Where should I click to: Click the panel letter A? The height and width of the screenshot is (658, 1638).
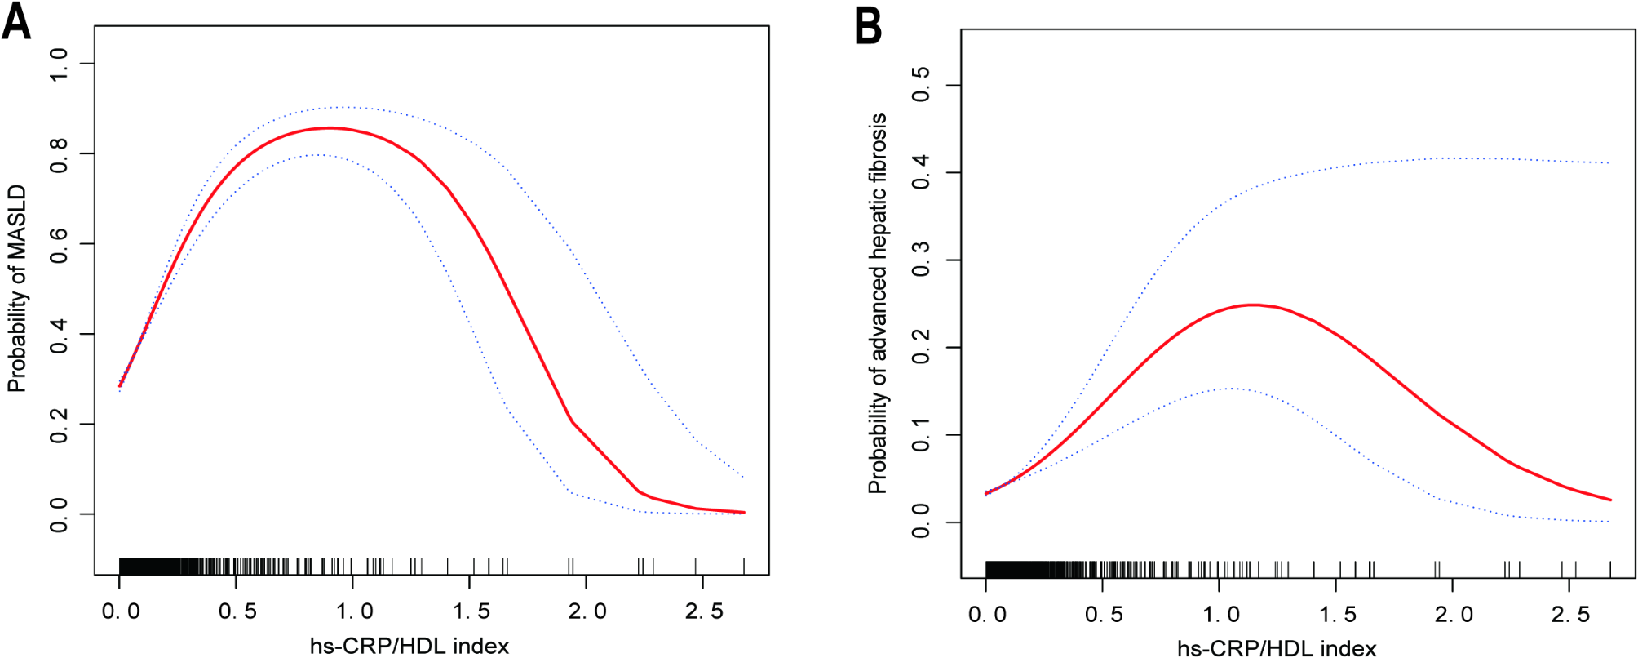point(16,22)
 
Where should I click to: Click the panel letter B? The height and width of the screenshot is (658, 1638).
point(868,26)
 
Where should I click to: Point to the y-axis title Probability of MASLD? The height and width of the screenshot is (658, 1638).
point(17,288)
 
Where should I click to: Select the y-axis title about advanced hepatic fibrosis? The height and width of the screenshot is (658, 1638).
point(878,304)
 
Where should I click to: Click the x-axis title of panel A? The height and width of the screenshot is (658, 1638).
point(409,647)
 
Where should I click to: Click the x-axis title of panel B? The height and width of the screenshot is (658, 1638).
point(1277,649)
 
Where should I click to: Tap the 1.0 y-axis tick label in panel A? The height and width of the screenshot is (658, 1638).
point(60,64)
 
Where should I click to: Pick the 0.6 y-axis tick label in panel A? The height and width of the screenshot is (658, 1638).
point(60,244)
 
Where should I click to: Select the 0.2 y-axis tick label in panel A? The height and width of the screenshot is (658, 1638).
point(60,425)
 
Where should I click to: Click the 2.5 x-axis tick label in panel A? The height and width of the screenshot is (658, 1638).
point(703,611)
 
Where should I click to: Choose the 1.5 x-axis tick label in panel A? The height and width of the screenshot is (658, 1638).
point(471,611)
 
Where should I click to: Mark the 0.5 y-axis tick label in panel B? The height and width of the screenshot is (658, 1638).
point(922,85)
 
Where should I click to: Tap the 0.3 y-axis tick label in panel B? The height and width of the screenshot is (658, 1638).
point(922,260)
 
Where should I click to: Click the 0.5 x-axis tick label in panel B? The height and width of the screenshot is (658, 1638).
point(1103,615)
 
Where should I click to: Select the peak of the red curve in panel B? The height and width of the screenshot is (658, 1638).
point(1252,305)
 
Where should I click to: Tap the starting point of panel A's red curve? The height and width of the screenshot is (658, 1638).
point(120,385)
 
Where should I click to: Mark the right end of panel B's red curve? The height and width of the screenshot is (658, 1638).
point(1610,500)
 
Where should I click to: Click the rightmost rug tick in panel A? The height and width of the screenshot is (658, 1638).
point(744,565)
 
